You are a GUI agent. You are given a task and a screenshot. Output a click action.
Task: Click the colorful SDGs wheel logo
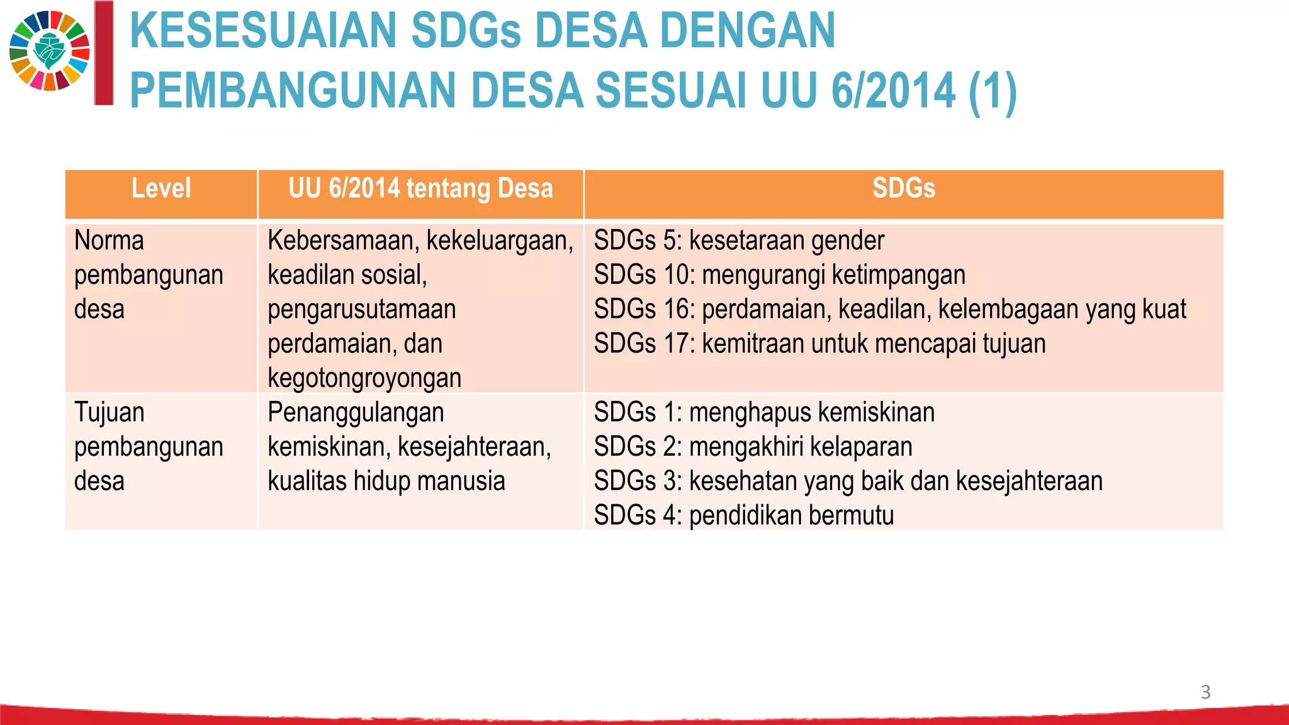(50, 51)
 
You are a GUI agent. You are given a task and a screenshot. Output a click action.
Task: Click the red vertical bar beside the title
(104, 53)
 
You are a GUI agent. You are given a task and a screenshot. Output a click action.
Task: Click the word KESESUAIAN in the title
(262, 31)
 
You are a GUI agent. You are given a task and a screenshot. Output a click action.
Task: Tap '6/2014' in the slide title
(893, 91)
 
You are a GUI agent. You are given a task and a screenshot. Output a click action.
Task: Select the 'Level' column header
(161, 189)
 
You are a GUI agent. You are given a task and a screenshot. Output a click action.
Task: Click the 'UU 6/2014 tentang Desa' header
(420, 189)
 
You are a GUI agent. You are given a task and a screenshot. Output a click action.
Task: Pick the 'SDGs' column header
(903, 189)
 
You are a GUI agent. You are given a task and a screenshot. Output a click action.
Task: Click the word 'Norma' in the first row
(109, 241)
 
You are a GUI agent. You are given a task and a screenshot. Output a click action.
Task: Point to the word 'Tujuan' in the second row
(109, 413)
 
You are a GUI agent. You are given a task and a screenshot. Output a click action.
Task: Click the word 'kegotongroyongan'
(364, 378)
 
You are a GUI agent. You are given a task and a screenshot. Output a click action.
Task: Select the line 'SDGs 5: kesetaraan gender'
(739, 241)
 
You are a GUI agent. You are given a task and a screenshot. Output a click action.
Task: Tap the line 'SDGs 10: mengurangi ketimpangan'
(779, 276)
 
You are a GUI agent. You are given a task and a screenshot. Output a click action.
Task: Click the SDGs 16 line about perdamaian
(889, 310)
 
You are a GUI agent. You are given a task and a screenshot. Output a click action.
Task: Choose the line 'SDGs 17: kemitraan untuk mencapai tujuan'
(819, 344)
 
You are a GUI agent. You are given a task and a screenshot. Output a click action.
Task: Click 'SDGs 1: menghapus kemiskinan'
(764, 413)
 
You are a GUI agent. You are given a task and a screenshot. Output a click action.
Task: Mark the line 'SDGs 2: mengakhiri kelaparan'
(753, 447)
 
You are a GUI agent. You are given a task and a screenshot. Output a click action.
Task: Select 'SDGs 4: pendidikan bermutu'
(743, 515)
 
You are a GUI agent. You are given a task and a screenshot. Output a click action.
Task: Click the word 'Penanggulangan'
(356, 413)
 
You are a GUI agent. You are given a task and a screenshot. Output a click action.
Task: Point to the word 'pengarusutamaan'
(361, 310)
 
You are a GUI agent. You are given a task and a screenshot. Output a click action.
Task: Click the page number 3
(1205, 692)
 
